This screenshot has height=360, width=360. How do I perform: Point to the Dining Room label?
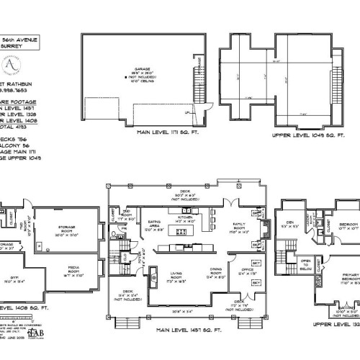click(215, 273)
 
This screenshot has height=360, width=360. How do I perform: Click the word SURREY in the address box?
click(19, 45)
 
